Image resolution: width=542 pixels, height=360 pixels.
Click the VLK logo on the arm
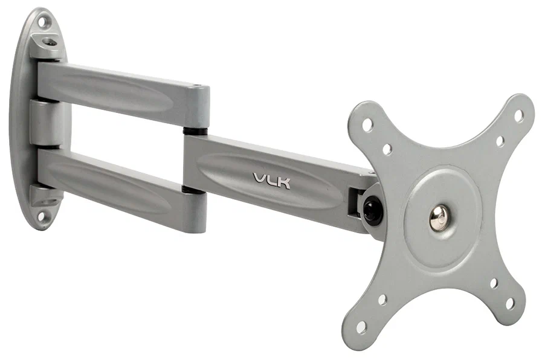[271, 180]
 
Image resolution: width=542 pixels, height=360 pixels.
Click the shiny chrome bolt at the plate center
[439, 217]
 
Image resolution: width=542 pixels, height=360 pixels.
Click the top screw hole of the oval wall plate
[42, 22]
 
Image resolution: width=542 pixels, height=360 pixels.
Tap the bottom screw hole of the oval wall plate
[41, 215]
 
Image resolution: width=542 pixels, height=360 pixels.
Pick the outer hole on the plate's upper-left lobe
[367, 125]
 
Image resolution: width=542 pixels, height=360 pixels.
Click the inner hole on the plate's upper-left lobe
[387, 149]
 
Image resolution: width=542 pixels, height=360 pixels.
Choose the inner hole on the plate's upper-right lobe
[500, 141]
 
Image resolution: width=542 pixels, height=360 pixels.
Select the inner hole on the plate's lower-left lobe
[382, 299]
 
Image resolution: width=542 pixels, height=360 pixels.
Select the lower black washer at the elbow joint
[193, 190]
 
